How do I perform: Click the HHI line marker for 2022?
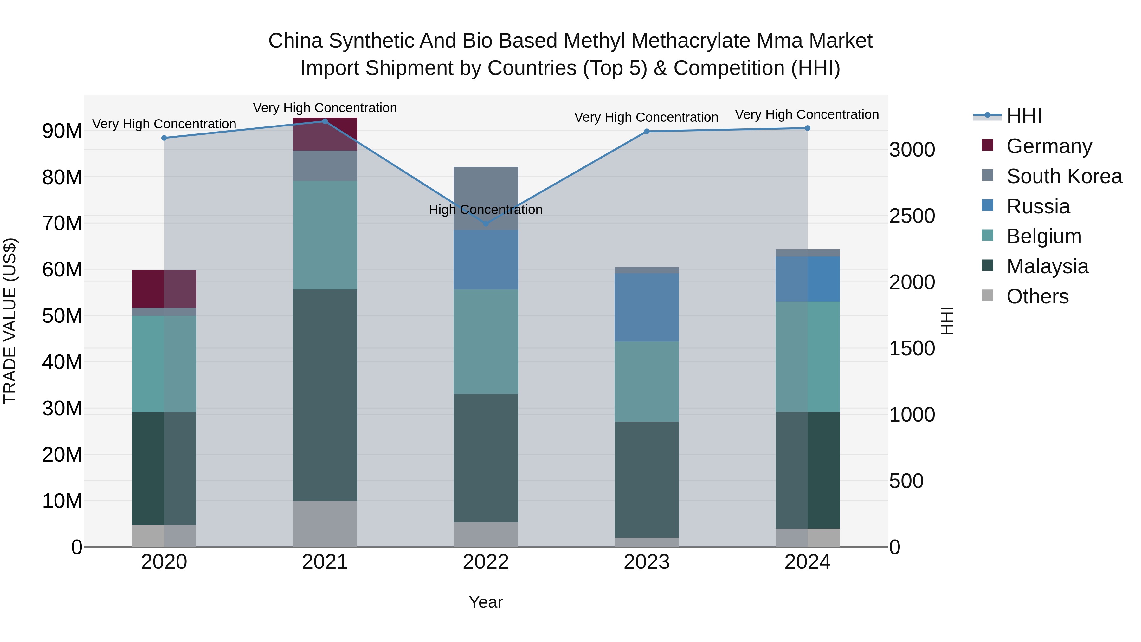pos(486,224)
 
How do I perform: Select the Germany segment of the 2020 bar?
pos(164,289)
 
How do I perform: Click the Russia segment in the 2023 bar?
pos(646,308)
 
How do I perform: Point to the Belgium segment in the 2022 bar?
pos(486,341)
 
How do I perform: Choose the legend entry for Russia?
pos(1037,206)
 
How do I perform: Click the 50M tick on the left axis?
pos(62,316)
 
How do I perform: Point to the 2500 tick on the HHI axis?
pos(912,216)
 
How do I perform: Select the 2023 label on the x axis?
pos(646,562)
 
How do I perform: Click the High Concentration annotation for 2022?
pos(486,210)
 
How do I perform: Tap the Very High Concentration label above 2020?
pos(164,124)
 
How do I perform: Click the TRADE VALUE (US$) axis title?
pos(10,321)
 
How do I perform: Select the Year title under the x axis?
pos(486,602)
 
